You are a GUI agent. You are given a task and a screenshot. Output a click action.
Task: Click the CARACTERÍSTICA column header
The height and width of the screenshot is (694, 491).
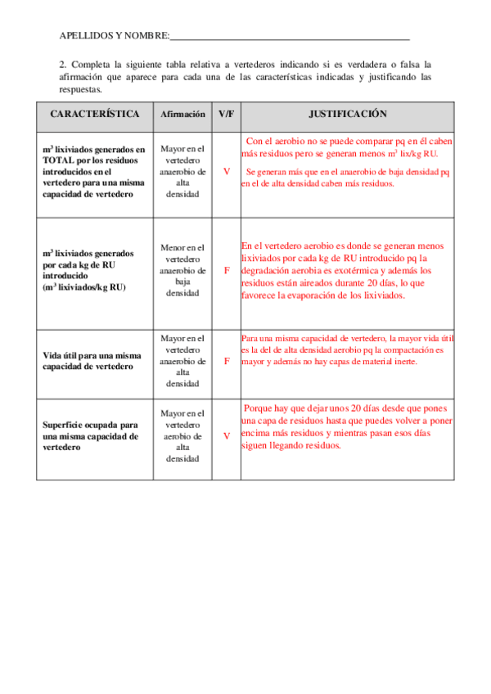coord(95,115)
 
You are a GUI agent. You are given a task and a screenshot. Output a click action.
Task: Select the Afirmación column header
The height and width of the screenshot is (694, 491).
coord(183,115)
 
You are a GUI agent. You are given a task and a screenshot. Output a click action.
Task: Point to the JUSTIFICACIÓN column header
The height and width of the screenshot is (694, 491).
coord(348,115)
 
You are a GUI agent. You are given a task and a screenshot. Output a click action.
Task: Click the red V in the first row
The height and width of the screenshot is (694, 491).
coord(227,172)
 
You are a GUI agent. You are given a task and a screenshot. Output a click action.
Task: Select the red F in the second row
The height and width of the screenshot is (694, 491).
coord(227,270)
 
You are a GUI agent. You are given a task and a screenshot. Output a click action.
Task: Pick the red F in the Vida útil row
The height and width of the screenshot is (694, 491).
coord(227,361)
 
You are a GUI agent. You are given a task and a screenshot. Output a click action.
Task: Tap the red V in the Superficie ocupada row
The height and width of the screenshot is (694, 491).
coord(227,436)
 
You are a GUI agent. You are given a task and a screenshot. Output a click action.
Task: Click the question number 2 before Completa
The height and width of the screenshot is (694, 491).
coord(62,64)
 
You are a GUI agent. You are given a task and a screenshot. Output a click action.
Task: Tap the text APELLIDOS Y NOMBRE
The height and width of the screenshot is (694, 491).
coord(114,36)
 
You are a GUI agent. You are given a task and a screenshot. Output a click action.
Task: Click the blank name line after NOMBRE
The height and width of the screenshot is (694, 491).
coord(290,36)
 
